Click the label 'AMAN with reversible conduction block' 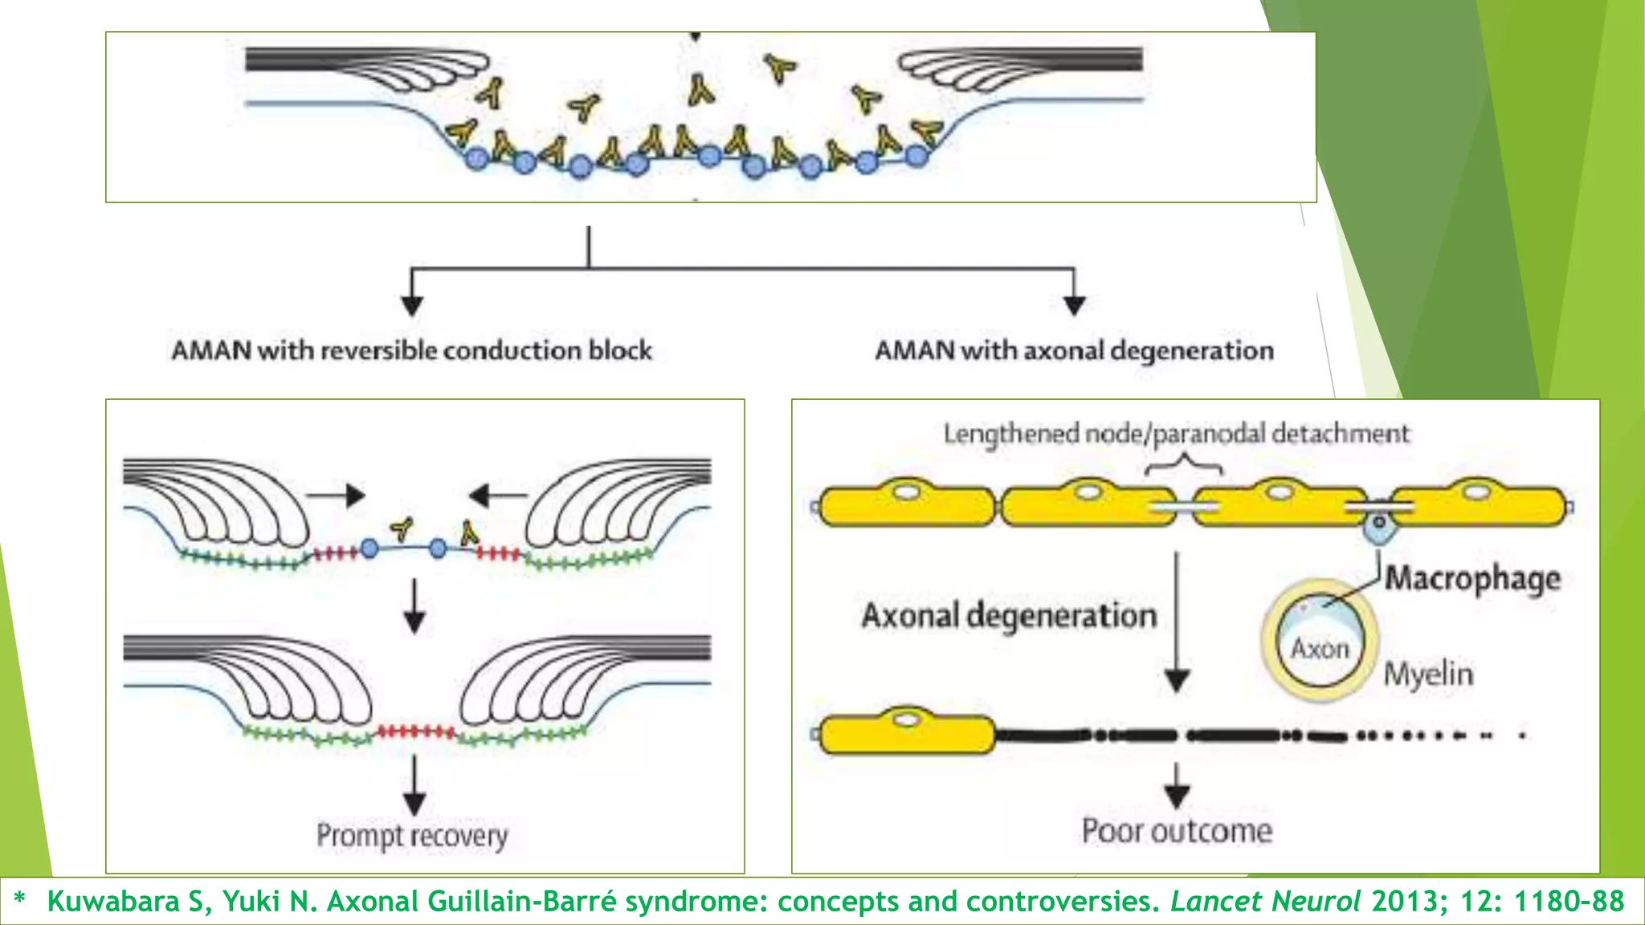click(411, 351)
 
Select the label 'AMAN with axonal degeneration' click(1074, 351)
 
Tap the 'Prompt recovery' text click(412, 836)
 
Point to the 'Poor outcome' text click(1177, 831)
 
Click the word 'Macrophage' click(1472, 578)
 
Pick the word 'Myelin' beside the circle click(1428, 674)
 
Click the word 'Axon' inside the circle click(1320, 648)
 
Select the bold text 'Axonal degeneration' click(1009, 616)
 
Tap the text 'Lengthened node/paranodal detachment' click(1176, 434)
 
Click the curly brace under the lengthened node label click(1183, 465)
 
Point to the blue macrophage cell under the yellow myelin click(1378, 526)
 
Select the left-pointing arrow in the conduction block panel click(497, 495)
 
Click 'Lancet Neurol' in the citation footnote click(1265, 901)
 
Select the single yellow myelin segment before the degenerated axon click(906, 733)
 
